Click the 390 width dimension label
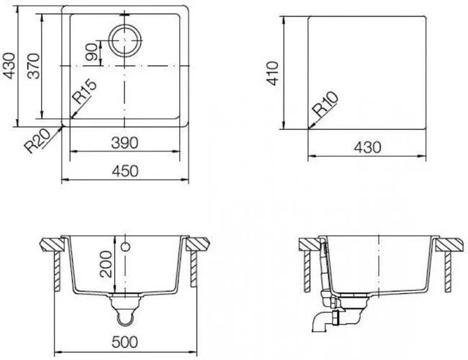(x=125, y=143)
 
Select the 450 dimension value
(x=125, y=171)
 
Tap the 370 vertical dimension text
(x=33, y=66)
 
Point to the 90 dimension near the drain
(x=91, y=52)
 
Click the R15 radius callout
(x=85, y=92)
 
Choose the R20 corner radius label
(x=37, y=141)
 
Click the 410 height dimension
(x=272, y=73)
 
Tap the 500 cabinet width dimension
(x=125, y=342)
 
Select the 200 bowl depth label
(x=106, y=264)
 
